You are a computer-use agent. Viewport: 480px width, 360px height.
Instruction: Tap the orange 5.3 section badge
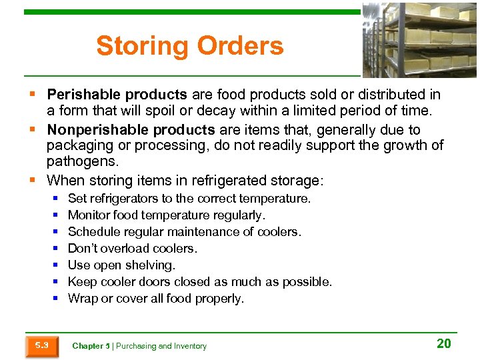pyautogui.click(x=42, y=345)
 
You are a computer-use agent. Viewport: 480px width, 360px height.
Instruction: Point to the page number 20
pyautogui.click(x=443, y=344)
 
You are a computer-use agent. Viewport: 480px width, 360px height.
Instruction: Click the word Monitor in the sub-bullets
pyautogui.click(x=89, y=215)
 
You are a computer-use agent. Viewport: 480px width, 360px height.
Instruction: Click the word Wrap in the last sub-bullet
pyautogui.click(x=83, y=299)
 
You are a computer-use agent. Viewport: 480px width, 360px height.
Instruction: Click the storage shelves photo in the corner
pyautogui.click(x=419, y=40)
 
